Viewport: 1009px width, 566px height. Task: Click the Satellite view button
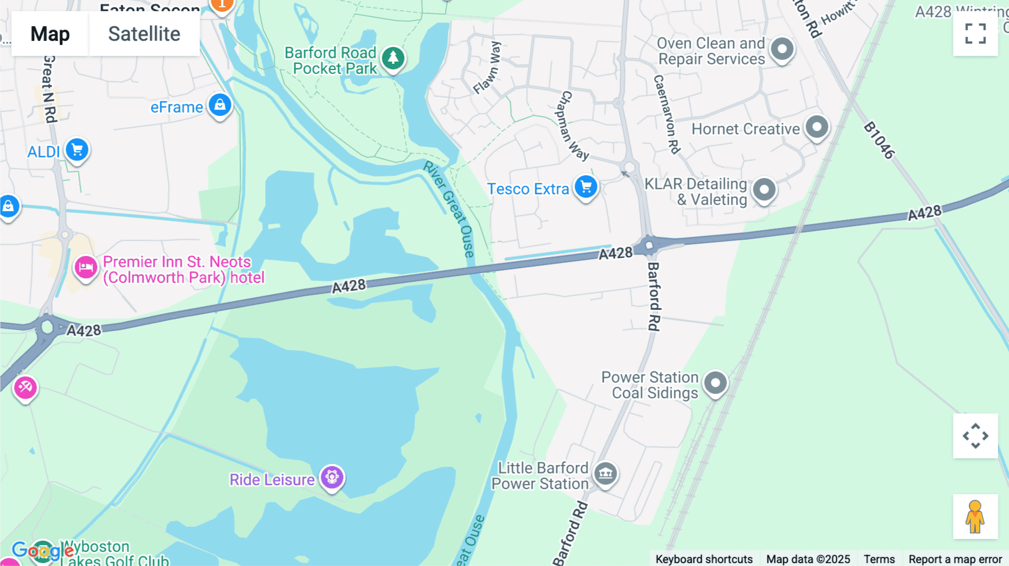coord(144,34)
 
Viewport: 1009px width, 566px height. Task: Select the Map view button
coord(50,34)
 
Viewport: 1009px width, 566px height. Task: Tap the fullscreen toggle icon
coord(975,34)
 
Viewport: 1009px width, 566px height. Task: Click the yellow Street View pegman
coord(975,516)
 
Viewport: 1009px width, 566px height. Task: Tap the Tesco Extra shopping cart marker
coord(586,187)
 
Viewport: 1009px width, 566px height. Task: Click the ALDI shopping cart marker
coord(77,150)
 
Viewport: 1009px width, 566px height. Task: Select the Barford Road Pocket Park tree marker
coord(393,58)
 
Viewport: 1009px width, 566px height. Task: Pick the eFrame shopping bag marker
coord(220,105)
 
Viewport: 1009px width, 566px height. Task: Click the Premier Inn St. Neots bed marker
coord(86,267)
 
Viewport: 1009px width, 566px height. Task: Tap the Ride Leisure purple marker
coord(332,477)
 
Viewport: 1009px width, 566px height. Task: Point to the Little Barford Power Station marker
coord(605,474)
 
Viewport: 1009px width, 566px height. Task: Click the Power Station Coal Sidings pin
coord(715,383)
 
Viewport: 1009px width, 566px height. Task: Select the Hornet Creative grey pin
coord(817,127)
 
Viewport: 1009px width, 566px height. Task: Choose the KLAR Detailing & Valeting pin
coord(764,189)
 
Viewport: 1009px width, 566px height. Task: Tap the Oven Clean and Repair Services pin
coord(782,49)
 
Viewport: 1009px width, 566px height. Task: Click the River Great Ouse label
coord(449,208)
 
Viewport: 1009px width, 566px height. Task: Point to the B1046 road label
coord(878,140)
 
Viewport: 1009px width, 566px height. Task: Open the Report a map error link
coord(955,559)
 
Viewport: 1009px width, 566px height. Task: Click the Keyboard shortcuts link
coord(704,559)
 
